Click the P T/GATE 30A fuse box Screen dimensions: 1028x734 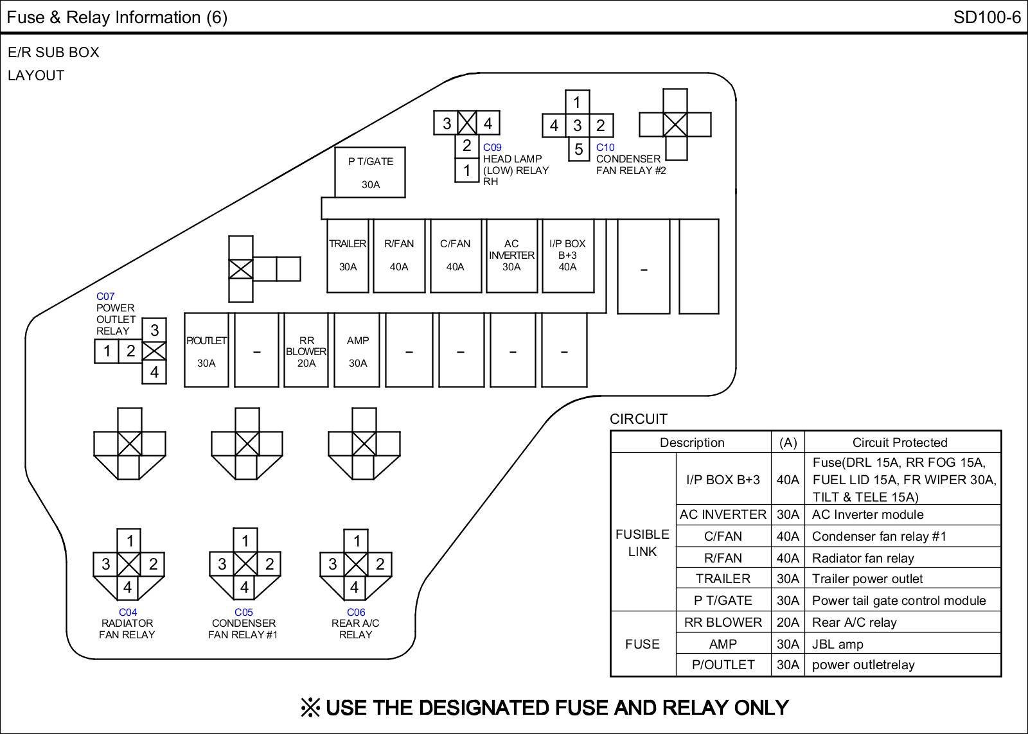370,173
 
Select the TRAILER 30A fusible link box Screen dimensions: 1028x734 348,256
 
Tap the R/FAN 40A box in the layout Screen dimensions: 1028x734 399,256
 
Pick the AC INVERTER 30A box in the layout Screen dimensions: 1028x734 511,256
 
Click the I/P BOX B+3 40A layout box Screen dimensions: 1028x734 568,256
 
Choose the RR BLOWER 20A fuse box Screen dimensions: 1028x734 306,351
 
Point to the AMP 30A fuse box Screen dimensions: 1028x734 357,351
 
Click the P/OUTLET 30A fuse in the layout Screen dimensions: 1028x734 206,351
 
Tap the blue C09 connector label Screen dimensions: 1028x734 492,147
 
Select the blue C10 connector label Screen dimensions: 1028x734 605,147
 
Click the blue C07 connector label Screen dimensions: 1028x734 105,296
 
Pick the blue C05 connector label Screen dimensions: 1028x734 244,612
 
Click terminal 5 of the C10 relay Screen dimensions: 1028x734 579,149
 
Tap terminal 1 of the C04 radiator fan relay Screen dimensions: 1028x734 130,541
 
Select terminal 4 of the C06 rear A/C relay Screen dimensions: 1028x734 354,588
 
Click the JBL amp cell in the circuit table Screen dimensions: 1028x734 838,644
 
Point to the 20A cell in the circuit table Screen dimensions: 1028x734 788,622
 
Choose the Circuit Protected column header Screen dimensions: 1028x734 900,442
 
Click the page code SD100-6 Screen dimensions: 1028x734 987,17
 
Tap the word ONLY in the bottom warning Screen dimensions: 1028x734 761,708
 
